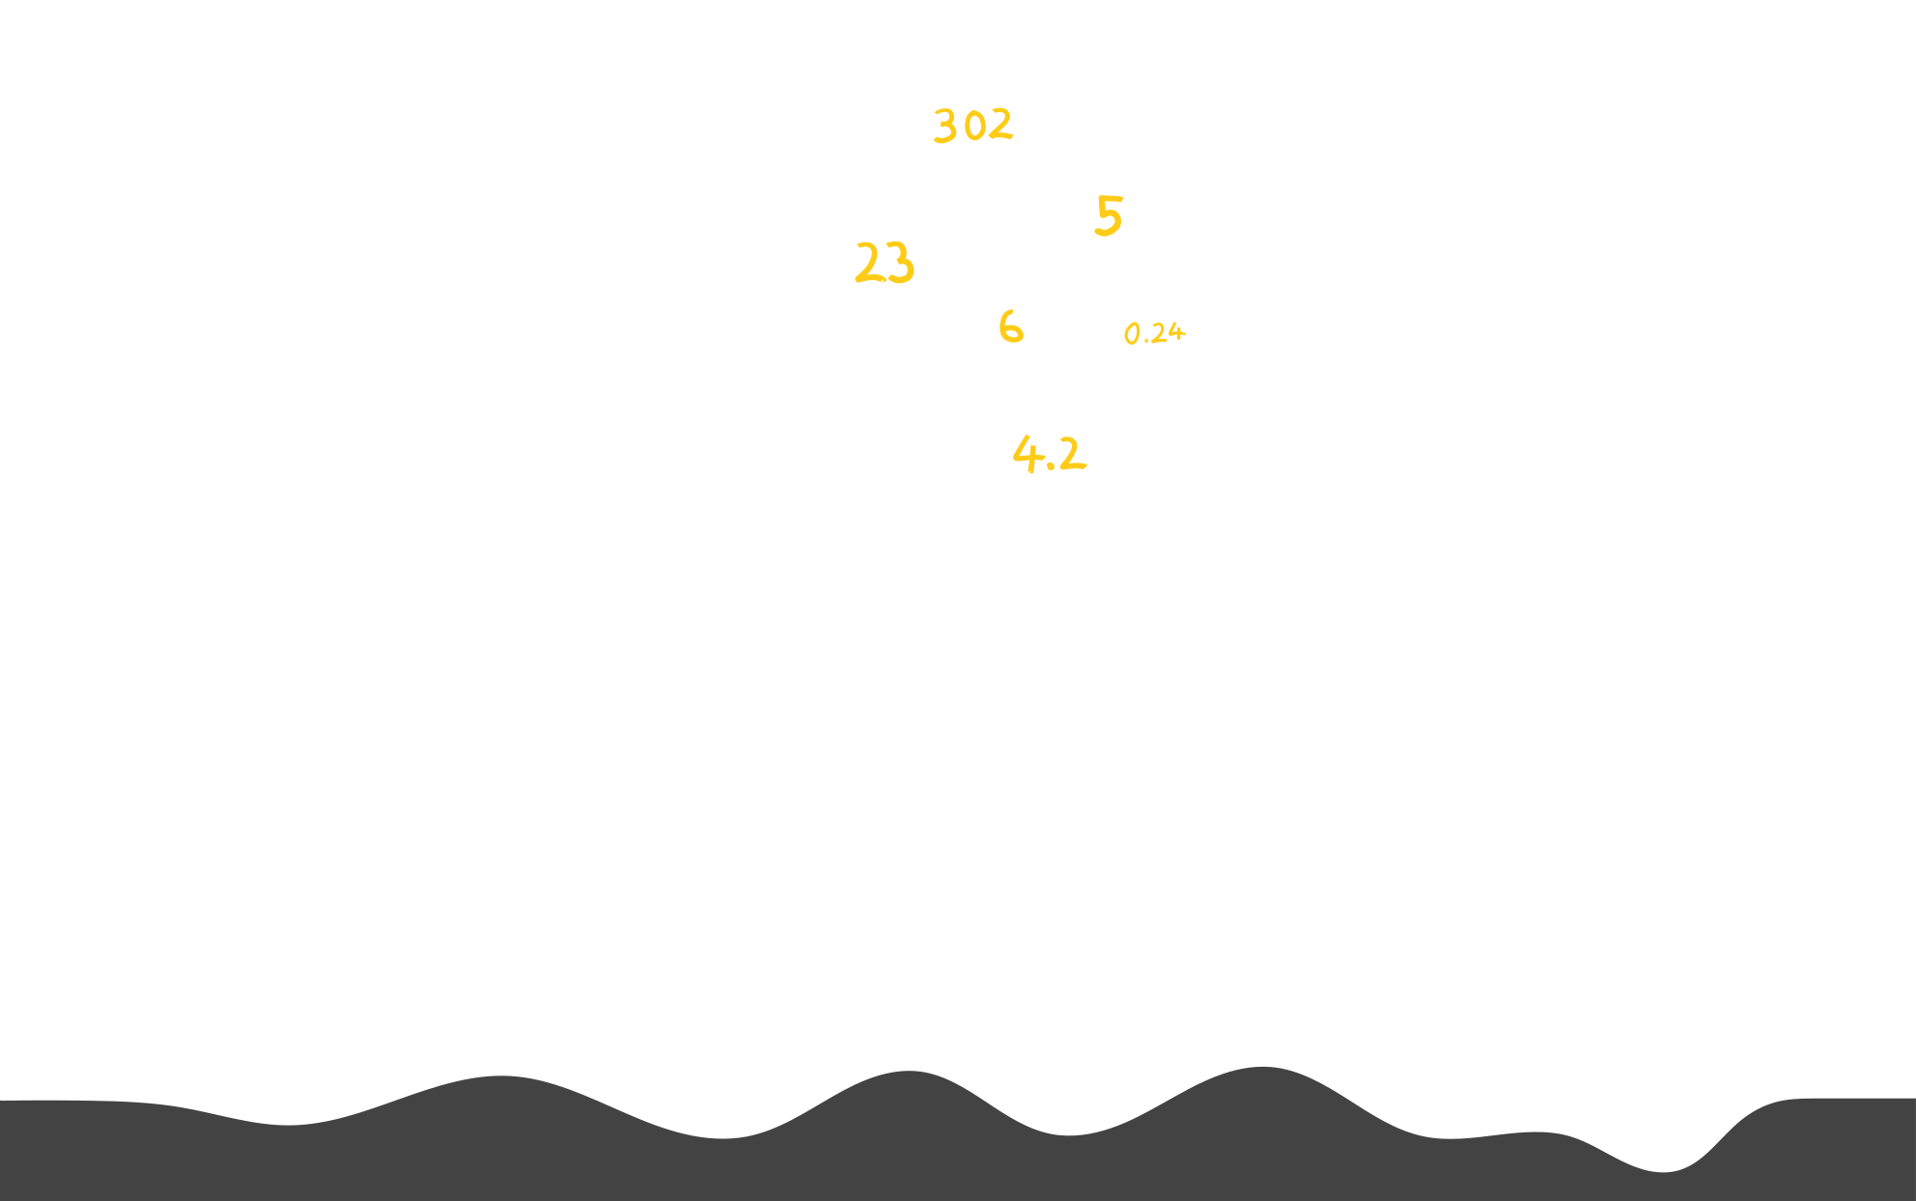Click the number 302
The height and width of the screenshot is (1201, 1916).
973,126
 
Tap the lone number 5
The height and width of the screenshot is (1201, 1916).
1109,215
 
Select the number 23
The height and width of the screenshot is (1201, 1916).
885,263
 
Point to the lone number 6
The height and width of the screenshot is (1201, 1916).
1010,327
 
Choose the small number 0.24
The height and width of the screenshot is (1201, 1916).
1155,333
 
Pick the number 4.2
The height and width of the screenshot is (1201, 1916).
1050,453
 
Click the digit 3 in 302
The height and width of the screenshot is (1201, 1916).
944,126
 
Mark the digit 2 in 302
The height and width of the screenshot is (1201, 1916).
1000,125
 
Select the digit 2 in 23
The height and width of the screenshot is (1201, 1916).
869,263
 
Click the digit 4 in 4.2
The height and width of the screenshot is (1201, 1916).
1026,452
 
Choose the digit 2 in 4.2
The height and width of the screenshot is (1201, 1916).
1071,453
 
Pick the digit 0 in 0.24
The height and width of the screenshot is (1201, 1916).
1133,335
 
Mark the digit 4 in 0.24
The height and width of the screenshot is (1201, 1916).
1174,332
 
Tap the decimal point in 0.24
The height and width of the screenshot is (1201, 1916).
1145,341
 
